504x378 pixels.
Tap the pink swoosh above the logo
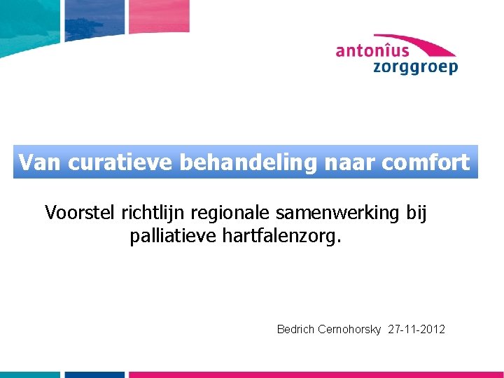click(x=420, y=42)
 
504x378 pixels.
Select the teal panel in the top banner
click(x=28, y=17)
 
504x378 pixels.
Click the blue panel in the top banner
click(x=94, y=17)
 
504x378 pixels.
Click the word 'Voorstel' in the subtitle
click(x=80, y=211)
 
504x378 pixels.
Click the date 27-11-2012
click(x=416, y=329)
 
